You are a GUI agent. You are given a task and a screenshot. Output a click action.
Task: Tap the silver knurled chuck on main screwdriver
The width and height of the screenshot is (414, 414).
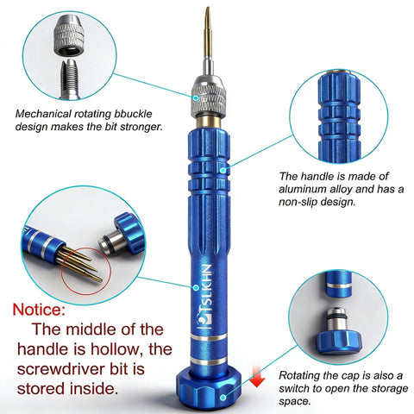pos(208,93)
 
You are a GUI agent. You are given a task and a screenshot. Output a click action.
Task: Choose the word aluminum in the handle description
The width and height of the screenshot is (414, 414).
pos(302,188)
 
